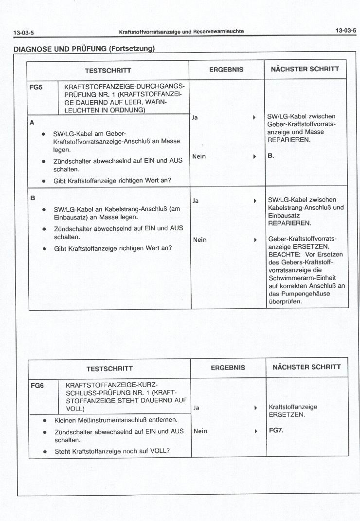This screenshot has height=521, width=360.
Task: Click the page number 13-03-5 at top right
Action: coord(345,31)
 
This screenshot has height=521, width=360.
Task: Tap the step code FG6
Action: coord(37,385)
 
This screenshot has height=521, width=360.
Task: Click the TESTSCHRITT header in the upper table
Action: coord(108,70)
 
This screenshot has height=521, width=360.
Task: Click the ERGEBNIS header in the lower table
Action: coord(228,368)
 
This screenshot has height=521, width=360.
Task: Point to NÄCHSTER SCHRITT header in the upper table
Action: coord(305,69)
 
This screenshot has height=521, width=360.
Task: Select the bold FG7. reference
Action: coord(276,430)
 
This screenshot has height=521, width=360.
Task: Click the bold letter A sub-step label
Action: coord(32,122)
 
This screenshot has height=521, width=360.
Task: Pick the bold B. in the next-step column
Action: coord(271,156)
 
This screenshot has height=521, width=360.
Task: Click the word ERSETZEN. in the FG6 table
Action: coord(287,415)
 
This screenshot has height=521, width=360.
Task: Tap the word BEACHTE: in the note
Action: coord(282,254)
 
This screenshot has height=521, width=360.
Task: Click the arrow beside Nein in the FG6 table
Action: coord(255,431)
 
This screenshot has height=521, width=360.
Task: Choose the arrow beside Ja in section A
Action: coord(254,118)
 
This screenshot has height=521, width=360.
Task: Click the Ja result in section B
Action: coord(196,200)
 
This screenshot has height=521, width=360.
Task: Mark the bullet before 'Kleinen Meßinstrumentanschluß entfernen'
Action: coord(45,420)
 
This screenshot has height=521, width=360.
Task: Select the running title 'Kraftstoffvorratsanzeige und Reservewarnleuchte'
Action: coord(181,32)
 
